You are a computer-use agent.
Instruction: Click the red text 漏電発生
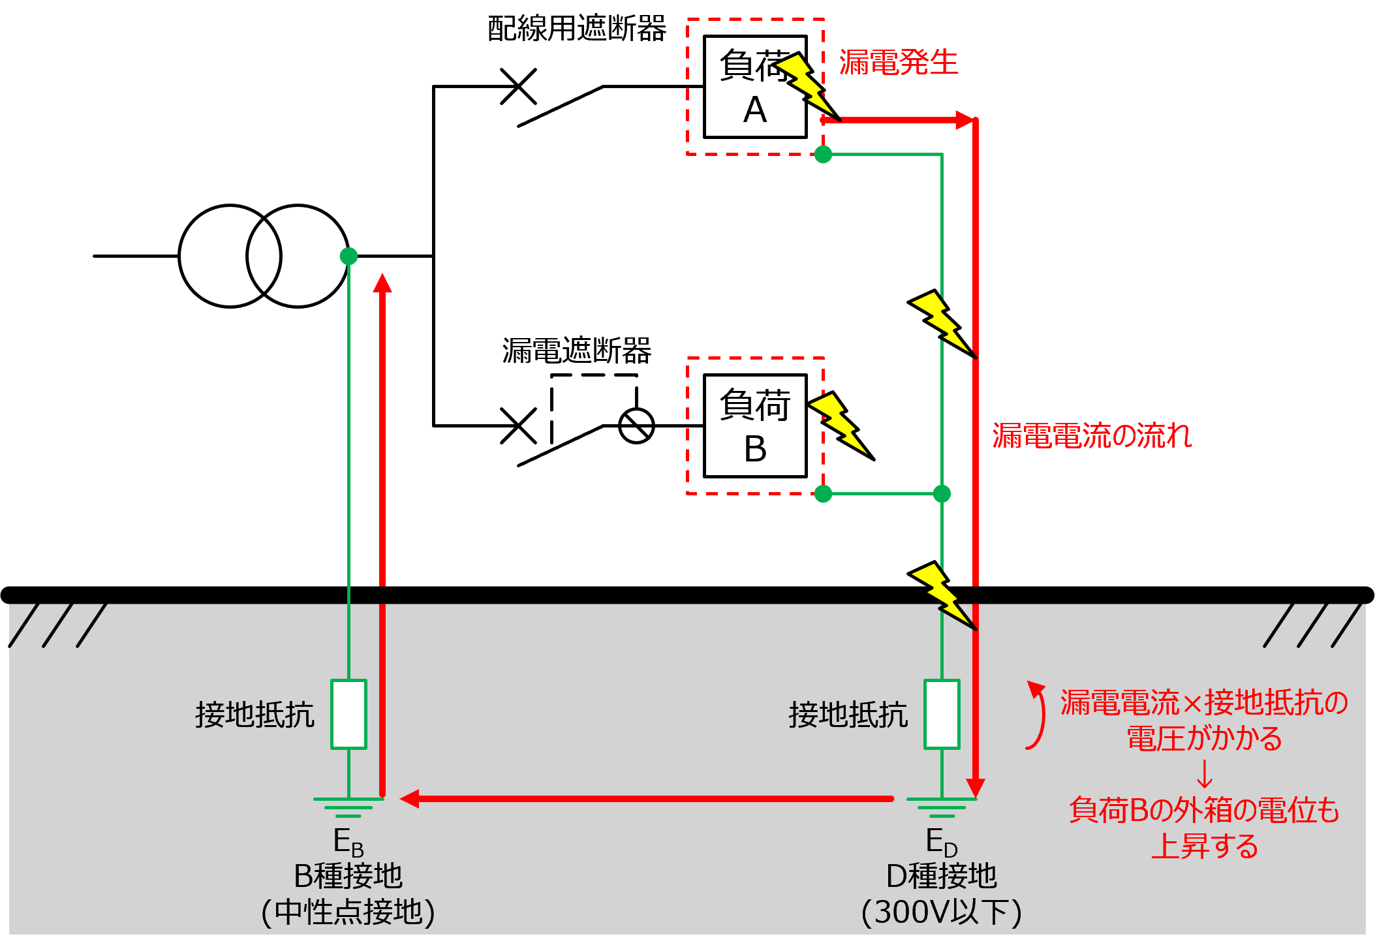point(898,63)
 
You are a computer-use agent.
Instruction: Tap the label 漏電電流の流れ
point(1092,435)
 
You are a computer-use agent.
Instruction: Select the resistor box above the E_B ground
point(348,714)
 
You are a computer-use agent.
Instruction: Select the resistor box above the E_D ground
point(942,714)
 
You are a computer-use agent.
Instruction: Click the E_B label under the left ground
point(348,842)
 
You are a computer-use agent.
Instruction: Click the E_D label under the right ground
point(941,842)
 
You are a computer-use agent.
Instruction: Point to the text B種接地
point(348,876)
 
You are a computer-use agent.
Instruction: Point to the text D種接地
point(941,876)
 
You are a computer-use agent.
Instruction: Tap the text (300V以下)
point(941,912)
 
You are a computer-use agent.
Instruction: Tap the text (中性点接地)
point(348,912)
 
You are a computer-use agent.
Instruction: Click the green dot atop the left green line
point(348,256)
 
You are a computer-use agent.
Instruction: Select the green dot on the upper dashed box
point(823,155)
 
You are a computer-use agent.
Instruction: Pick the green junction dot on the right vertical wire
point(942,494)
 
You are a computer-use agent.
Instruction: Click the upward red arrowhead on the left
point(382,283)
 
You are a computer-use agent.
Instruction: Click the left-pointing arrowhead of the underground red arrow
point(410,798)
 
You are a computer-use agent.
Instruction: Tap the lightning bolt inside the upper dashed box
point(804,84)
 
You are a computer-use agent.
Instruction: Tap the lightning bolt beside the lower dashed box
point(839,423)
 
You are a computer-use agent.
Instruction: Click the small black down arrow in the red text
point(1205,775)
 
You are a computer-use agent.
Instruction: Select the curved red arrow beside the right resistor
point(1037,715)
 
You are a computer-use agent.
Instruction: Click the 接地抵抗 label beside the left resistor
point(255,715)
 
